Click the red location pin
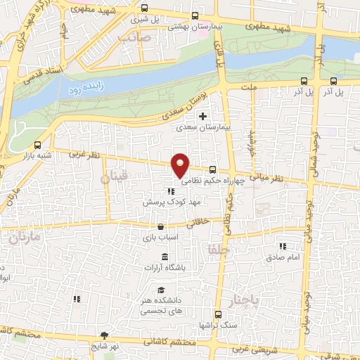pyautogui.click(x=181, y=165)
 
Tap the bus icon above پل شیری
pyautogui.click(x=144, y=8)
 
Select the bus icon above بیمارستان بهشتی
pyautogui.click(x=195, y=15)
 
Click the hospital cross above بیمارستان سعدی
pyautogui.click(x=203, y=116)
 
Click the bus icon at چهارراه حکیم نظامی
pyautogui.click(x=212, y=169)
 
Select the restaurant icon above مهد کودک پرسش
pyautogui.click(x=170, y=191)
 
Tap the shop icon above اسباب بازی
pyautogui.click(x=161, y=227)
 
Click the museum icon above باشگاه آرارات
pyautogui.click(x=165, y=256)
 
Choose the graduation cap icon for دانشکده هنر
pyautogui.click(x=161, y=290)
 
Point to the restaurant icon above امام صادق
pyautogui.click(x=283, y=246)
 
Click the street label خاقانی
pyautogui.click(x=200, y=224)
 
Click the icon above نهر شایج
pyautogui.click(x=105, y=335)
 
